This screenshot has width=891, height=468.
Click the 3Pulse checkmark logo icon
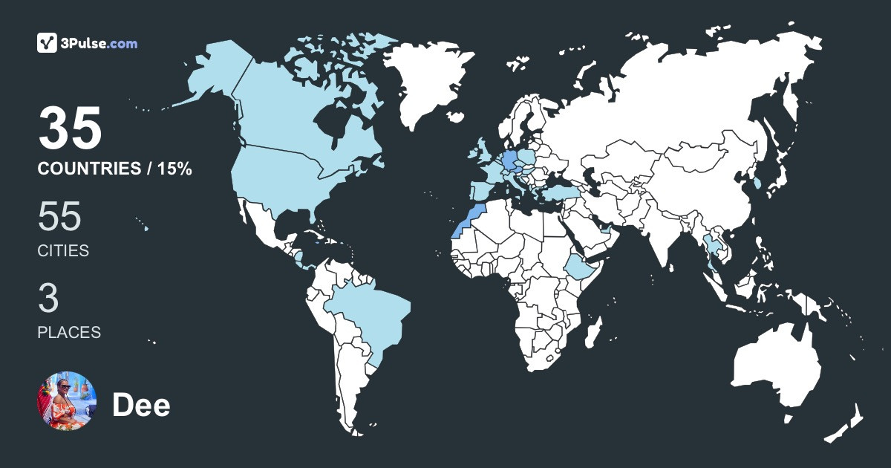(x=48, y=43)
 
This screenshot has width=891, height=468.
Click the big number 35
(x=70, y=128)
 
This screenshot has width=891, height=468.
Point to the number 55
(x=59, y=217)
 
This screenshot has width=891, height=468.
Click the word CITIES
(x=63, y=251)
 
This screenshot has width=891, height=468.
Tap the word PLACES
(x=69, y=333)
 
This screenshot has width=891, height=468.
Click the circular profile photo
(x=66, y=401)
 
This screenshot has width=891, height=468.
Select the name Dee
(x=141, y=406)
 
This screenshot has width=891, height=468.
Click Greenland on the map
(x=428, y=82)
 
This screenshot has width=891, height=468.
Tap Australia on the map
(x=776, y=371)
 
